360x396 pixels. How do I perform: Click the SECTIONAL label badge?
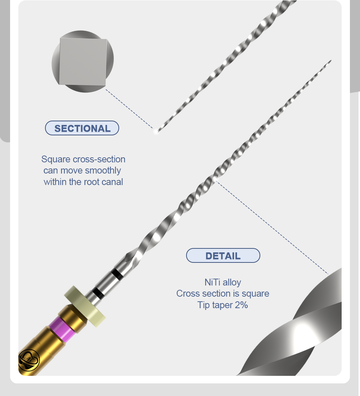click(82, 128)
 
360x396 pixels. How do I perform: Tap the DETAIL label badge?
click(223, 256)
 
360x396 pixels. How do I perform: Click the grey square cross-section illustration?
click(82, 62)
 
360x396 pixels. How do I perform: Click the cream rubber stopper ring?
click(85, 306)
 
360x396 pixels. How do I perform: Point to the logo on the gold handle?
click(28, 360)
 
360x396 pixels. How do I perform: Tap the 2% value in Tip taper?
click(241, 305)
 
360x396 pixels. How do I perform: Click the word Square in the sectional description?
click(56, 159)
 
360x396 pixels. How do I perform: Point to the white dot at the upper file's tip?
click(156, 131)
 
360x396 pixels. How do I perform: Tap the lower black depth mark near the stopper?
click(98, 293)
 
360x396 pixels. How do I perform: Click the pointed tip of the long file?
click(330, 60)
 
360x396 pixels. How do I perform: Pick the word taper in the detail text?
click(222, 305)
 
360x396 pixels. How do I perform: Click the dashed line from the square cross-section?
click(129, 109)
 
